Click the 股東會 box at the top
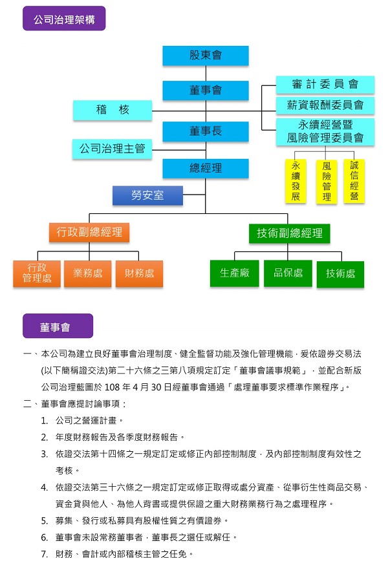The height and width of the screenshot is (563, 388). pyautogui.click(x=206, y=55)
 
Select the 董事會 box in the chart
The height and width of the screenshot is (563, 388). pyautogui.click(x=206, y=90)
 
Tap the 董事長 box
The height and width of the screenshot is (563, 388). pyautogui.click(x=206, y=131)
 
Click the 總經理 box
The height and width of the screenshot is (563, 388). pyautogui.click(x=206, y=168)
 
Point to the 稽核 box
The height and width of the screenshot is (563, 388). pyautogui.click(x=113, y=110)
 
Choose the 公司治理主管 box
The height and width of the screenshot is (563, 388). pyautogui.click(x=113, y=149)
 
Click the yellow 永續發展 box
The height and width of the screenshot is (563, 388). pyautogui.click(x=296, y=181)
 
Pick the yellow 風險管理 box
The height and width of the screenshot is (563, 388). pyautogui.click(x=327, y=182)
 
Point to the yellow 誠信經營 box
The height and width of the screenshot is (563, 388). pyautogui.click(x=354, y=181)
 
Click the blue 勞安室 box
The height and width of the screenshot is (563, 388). pyautogui.click(x=147, y=195)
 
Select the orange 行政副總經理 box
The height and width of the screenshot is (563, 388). pyautogui.click(x=89, y=232)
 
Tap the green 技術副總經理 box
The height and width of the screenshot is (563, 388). pyautogui.click(x=289, y=233)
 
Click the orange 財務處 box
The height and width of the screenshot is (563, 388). pyautogui.click(x=139, y=273)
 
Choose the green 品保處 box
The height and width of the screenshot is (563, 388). pyautogui.click(x=288, y=273)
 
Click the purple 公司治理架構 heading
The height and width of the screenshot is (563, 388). pyautogui.click(x=64, y=19)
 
